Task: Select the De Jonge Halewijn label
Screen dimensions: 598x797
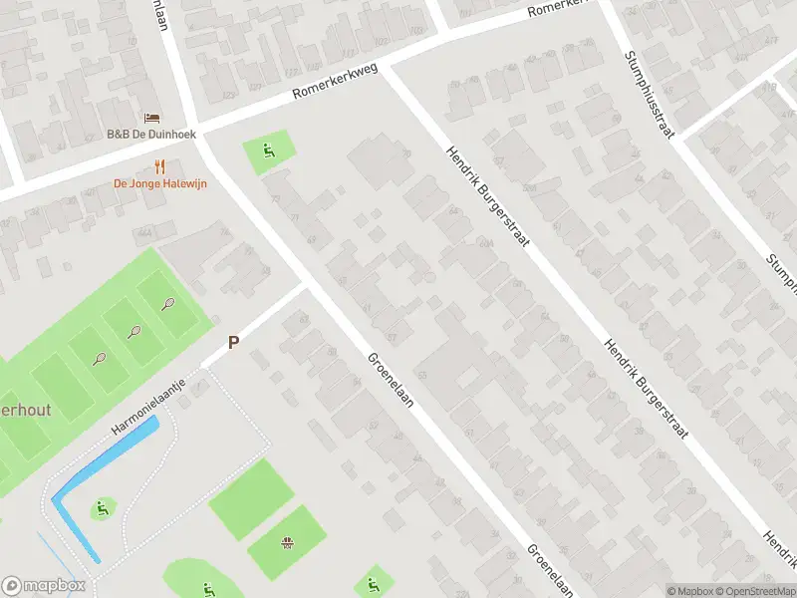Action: [159, 183]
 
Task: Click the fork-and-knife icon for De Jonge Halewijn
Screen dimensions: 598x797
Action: [159, 166]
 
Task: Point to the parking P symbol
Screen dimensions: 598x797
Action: [234, 342]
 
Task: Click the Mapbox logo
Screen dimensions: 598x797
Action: [44, 586]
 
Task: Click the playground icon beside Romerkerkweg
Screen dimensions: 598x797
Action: [268, 152]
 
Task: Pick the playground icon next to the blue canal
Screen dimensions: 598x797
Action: [101, 509]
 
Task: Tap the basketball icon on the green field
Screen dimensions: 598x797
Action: [288, 543]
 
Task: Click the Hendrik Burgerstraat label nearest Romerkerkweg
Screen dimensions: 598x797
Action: [487, 198]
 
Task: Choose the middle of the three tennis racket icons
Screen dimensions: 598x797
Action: [133, 332]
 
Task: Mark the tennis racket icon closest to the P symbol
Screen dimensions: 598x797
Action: [167, 304]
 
